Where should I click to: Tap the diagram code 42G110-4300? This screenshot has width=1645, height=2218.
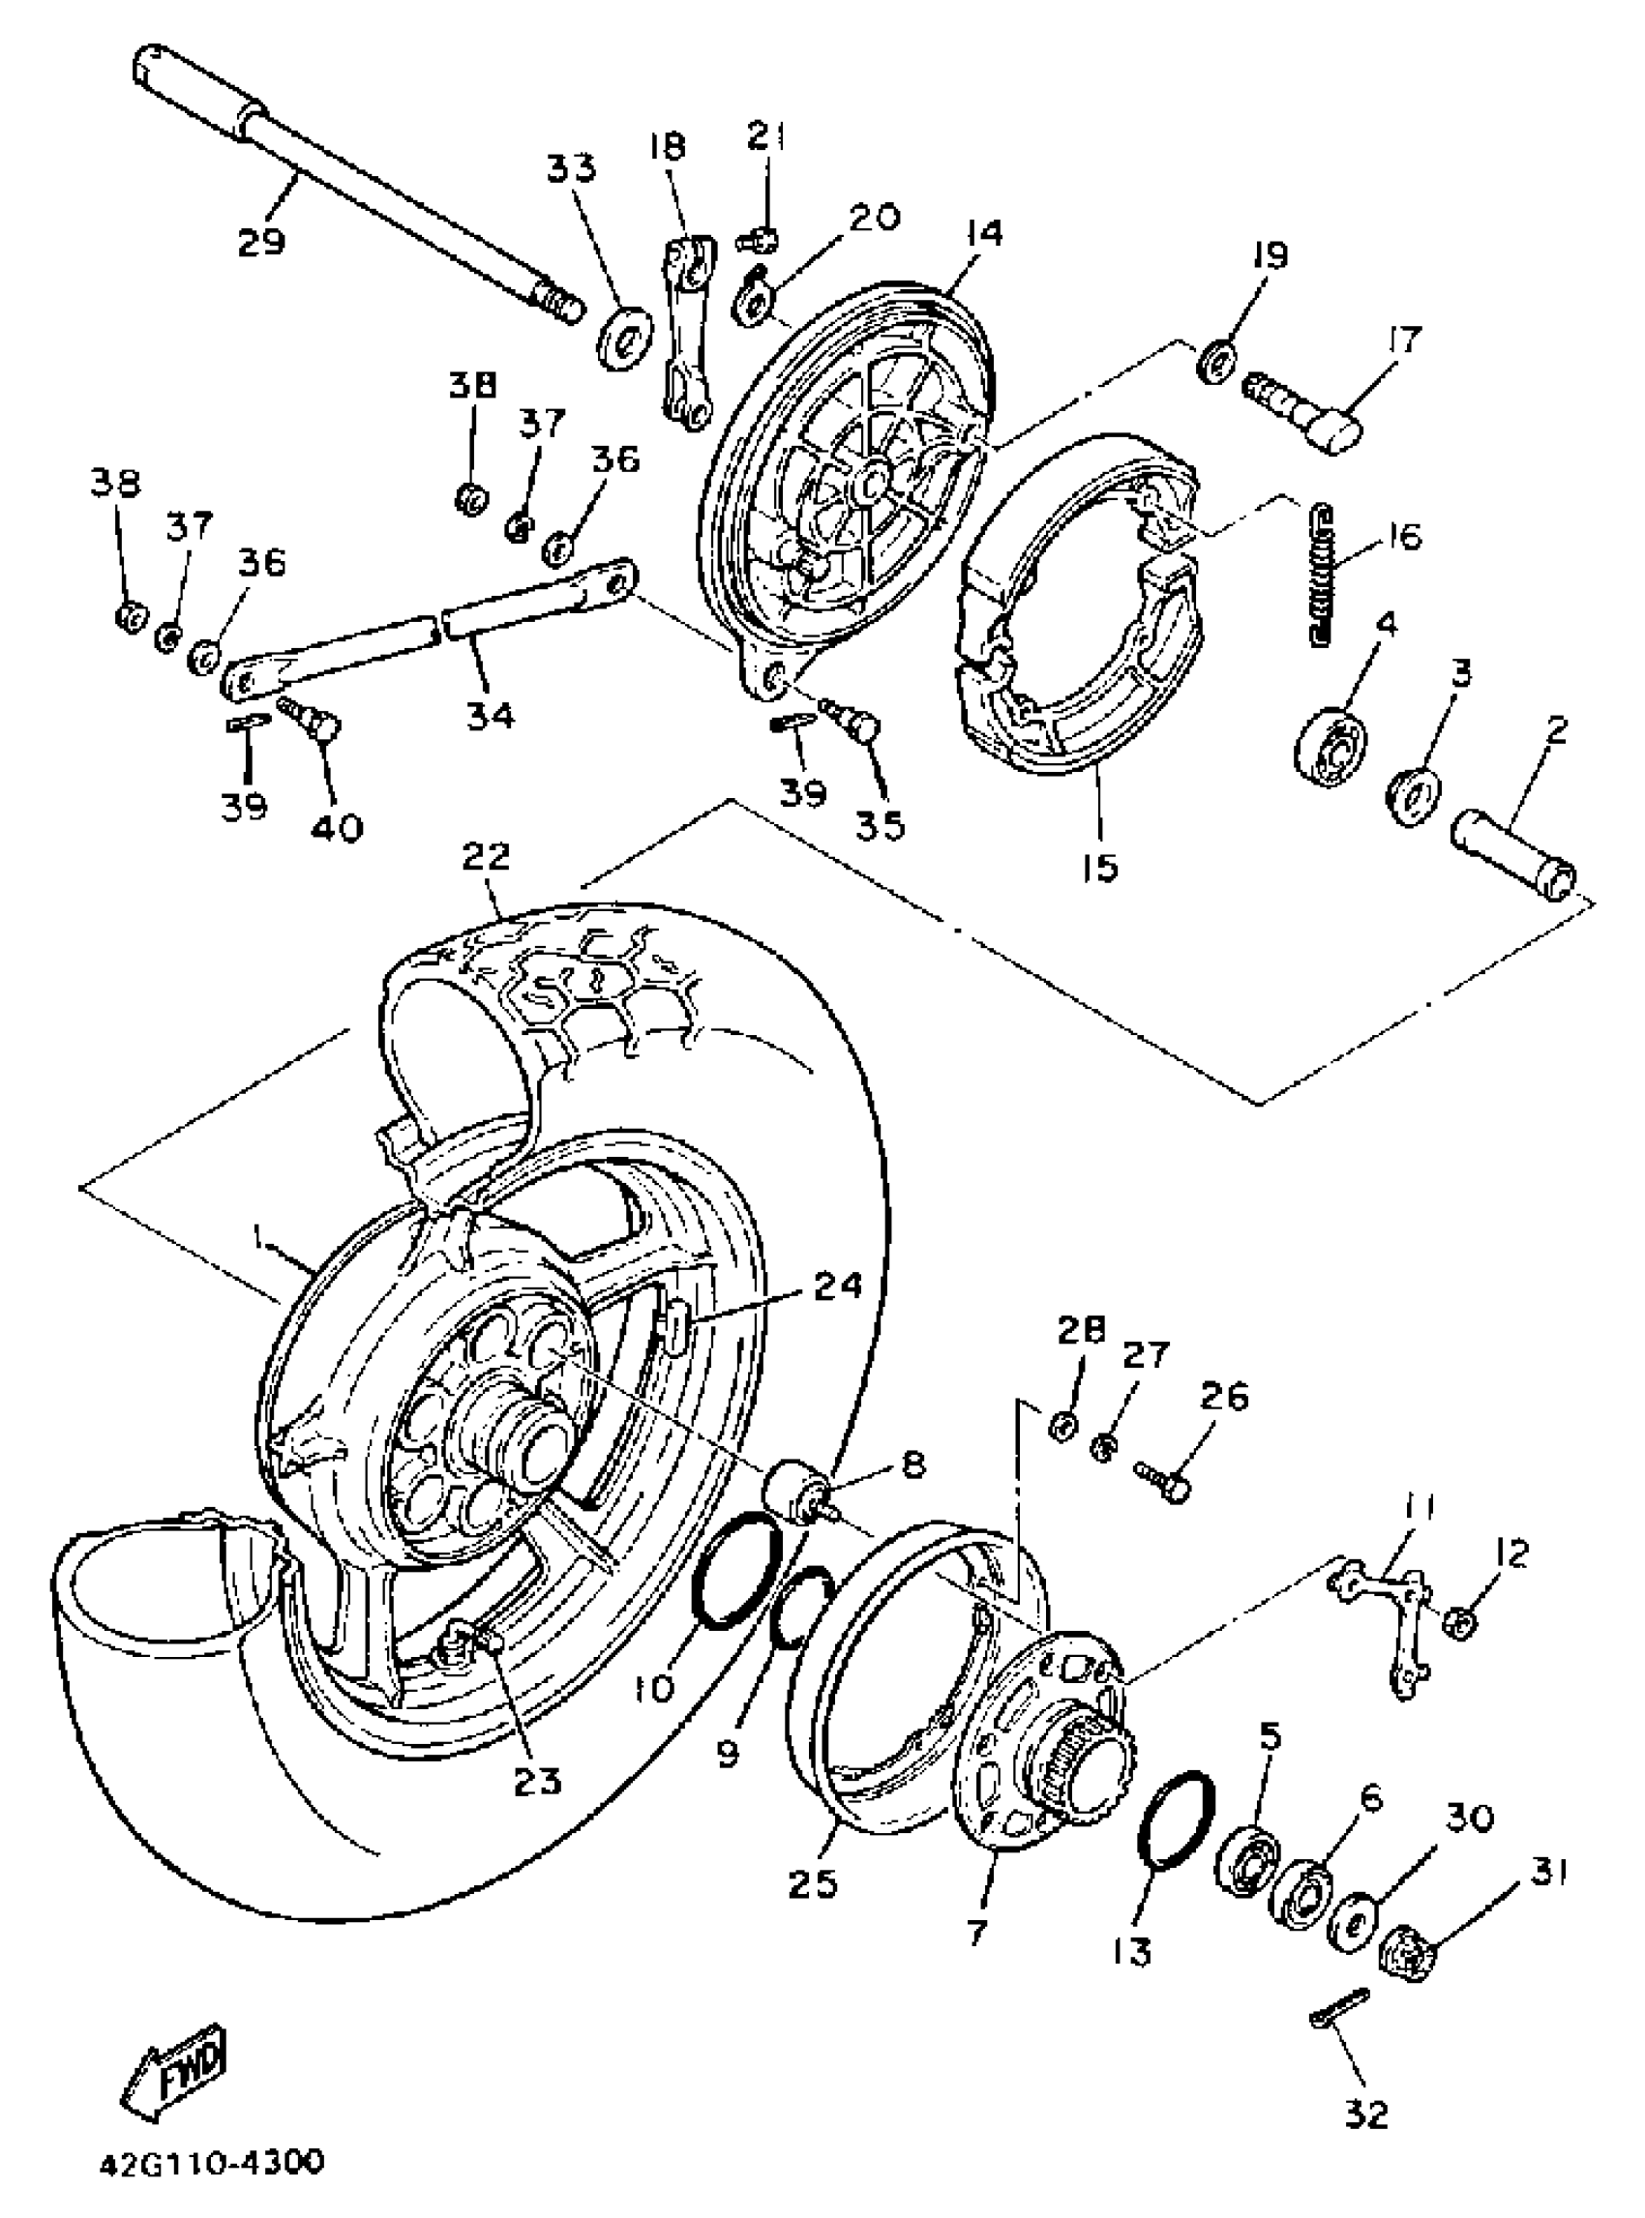pyautogui.click(x=211, y=2163)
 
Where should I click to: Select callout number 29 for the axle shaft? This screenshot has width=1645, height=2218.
pyautogui.click(x=261, y=241)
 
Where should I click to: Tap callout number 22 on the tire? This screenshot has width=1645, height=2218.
pyautogui.click(x=486, y=856)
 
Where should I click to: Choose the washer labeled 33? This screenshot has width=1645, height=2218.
pyautogui.click(x=625, y=334)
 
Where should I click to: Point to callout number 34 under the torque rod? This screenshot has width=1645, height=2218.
pyautogui.click(x=491, y=714)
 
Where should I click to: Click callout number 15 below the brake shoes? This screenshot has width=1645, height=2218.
pyautogui.click(x=1099, y=866)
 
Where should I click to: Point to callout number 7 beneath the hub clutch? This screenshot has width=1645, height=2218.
pyautogui.click(x=974, y=1933)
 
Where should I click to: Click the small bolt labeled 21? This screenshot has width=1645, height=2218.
pyautogui.click(x=759, y=239)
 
